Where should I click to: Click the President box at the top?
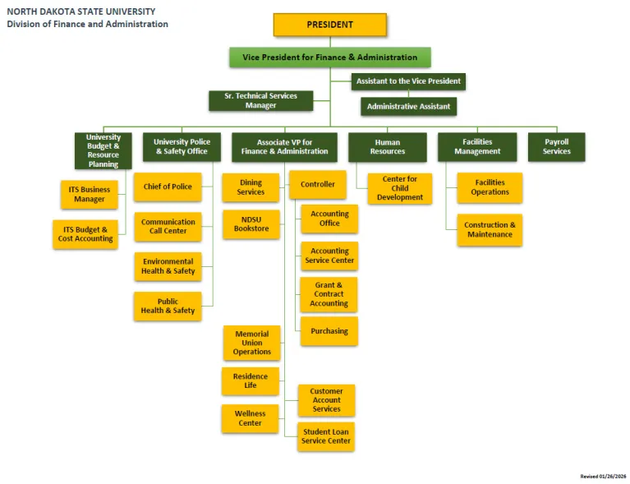pos(329,25)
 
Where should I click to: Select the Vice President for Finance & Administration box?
pos(329,58)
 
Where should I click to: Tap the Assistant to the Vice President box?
pos(409,81)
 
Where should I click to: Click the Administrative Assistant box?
pos(408,107)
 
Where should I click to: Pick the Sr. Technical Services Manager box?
pos(260,100)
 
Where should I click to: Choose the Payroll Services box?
pos(556,146)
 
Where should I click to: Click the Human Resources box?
pos(387,146)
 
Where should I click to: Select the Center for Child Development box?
pos(400,188)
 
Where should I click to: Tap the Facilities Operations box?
pos(490,187)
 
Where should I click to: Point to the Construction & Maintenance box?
pos(490,229)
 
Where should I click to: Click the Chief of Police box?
pos(168,187)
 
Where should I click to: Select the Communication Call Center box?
pos(168,226)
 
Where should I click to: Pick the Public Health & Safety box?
pos(168,306)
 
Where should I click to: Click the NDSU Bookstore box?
pos(251,224)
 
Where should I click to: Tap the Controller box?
pos(317,184)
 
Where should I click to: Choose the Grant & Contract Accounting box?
pos(329,294)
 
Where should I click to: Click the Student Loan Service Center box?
pos(326,436)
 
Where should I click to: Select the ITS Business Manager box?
pos(90,194)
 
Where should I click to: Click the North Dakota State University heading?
pos(80,12)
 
